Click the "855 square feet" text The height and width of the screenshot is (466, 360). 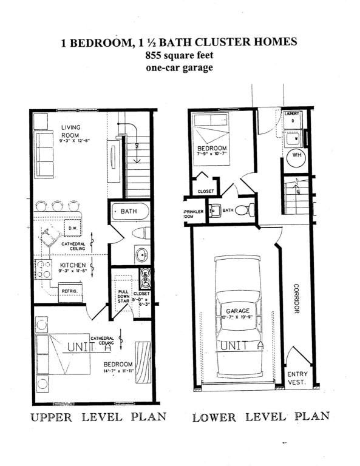179,55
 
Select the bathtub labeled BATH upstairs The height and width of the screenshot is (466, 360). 129,212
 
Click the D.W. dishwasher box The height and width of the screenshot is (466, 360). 71,228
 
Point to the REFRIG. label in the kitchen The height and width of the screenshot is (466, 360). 69,291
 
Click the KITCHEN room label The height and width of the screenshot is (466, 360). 72,266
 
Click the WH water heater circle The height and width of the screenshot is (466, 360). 297,155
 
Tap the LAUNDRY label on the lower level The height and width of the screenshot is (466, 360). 292,113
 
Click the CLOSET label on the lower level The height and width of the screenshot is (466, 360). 206,191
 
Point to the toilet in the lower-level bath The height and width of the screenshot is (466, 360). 243,211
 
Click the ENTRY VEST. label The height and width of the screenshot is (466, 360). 297,378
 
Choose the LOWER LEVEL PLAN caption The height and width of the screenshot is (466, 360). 260,417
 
